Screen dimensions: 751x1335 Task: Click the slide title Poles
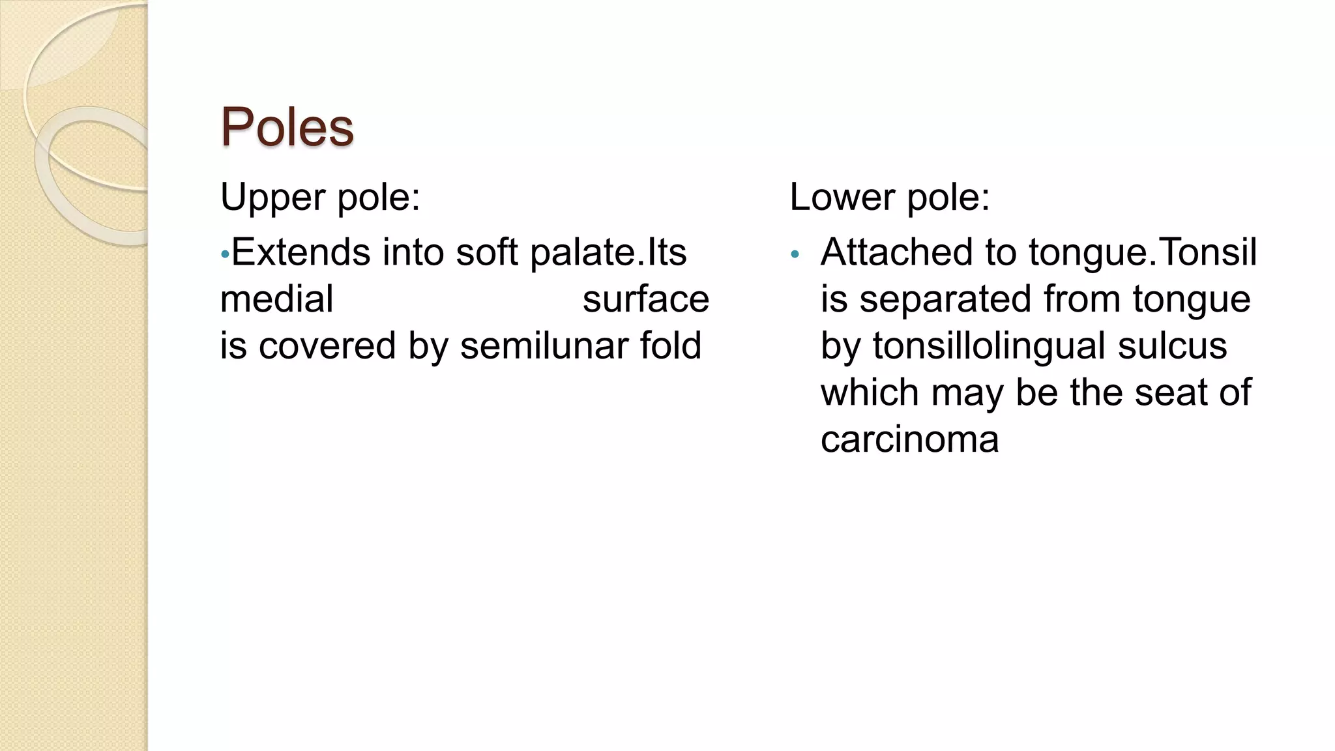click(287, 126)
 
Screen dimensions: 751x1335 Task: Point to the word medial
click(276, 299)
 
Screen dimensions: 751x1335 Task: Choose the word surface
click(645, 299)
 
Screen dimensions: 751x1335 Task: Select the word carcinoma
click(909, 439)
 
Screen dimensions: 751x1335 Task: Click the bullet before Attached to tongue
click(794, 254)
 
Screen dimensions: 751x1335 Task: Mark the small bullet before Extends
click(224, 254)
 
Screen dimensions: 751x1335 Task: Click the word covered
click(327, 346)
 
